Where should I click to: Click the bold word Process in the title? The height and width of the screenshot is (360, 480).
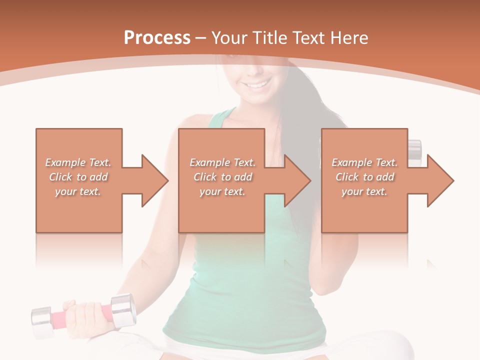tap(157, 38)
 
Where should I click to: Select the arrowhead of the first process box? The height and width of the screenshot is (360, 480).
tap(155, 180)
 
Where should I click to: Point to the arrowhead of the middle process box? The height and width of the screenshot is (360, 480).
tap(297, 180)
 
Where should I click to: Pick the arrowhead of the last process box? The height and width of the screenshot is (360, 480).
tap(440, 180)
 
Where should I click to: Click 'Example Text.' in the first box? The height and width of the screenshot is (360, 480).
tap(78, 162)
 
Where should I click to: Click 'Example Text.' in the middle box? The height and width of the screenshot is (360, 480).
tap(222, 162)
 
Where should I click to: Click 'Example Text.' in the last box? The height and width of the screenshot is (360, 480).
tap(364, 162)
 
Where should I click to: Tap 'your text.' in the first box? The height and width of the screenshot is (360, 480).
tap(78, 191)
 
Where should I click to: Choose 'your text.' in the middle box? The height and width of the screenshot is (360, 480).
tap(222, 191)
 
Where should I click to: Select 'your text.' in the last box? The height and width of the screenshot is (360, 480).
tap(364, 191)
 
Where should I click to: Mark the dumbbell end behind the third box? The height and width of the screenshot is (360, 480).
tap(414, 149)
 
